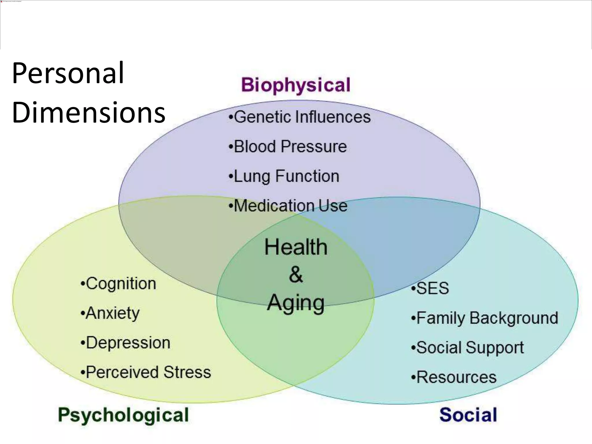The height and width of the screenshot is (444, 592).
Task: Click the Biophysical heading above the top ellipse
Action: click(x=296, y=85)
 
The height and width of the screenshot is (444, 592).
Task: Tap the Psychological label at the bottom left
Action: click(x=123, y=415)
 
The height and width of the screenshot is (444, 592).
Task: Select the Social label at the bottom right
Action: click(x=468, y=415)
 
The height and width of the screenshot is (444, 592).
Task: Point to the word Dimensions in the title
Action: click(x=88, y=112)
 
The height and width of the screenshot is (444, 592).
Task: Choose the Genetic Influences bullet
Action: click(x=299, y=117)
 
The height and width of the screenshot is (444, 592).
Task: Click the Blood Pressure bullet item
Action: click(x=288, y=147)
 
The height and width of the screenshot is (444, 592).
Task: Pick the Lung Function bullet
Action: click(x=284, y=176)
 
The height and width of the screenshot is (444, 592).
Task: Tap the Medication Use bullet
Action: click(x=288, y=206)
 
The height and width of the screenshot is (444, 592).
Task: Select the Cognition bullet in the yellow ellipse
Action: click(x=119, y=284)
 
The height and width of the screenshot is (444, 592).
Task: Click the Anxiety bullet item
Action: click(x=110, y=313)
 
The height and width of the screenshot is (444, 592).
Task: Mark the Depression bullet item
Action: click(x=125, y=343)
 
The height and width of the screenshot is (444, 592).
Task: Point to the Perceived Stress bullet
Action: click(x=146, y=372)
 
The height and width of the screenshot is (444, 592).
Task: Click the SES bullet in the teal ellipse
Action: click(x=430, y=288)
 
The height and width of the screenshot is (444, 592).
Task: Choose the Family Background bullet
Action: click(x=484, y=318)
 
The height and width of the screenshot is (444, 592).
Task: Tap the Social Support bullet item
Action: click(x=467, y=347)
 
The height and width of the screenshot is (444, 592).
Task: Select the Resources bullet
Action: click(x=454, y=377)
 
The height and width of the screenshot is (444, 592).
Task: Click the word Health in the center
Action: click(x=296, y=247)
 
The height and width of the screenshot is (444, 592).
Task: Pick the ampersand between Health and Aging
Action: click(x=296, y=275)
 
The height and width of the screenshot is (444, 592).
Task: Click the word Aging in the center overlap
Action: click(x=296, y=303)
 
